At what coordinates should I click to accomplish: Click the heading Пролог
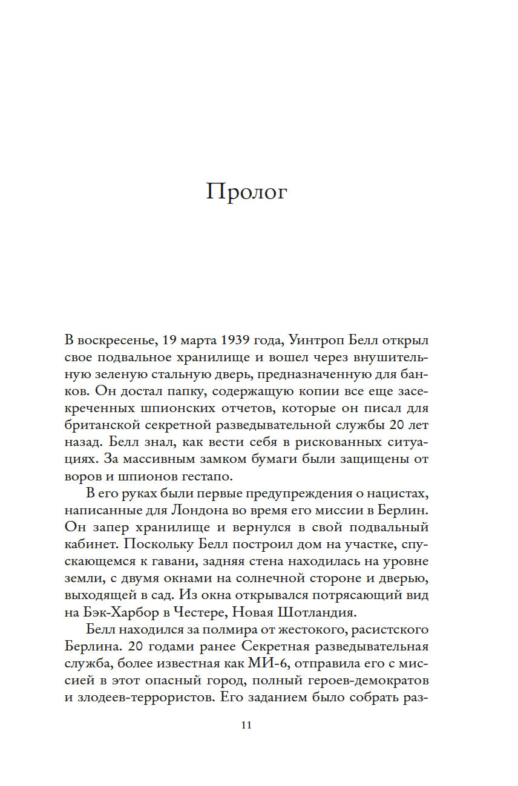coord(246,192)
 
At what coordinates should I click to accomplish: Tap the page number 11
coord(246,725)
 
